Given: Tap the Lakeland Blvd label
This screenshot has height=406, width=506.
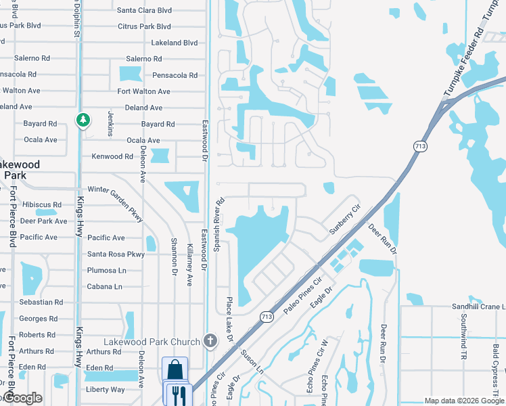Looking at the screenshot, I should (175, 43).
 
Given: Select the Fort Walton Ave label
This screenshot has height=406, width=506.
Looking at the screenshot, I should (144, 91).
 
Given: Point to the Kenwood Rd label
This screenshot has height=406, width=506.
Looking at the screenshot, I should (112, 156).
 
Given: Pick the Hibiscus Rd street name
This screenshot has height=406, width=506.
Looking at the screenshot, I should (42, 204).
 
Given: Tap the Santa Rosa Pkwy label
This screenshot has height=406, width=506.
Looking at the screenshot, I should (116, 254).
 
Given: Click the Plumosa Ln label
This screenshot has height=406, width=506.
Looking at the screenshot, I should (107, 271).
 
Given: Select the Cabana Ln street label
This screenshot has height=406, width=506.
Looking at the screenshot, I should (104, 287).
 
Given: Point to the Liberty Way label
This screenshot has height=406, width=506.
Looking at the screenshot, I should (105, 390).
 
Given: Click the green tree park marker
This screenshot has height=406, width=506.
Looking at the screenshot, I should (83, 120).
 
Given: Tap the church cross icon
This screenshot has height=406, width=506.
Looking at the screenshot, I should (210, 340).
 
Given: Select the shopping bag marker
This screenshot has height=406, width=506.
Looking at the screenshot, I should (175, 371).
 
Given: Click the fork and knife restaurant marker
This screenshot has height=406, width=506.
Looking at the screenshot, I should (179, 394).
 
